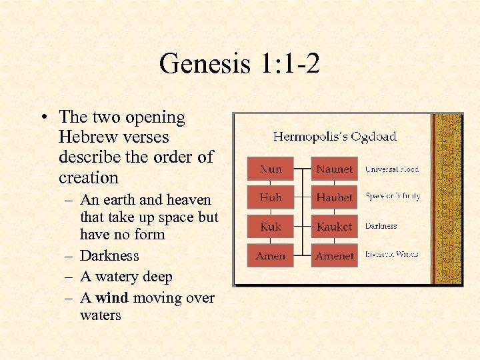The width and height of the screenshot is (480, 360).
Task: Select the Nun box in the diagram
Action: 271,169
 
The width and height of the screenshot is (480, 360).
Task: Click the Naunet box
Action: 335,169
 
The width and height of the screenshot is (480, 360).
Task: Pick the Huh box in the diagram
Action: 271,198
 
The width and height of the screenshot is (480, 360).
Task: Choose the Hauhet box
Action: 335,198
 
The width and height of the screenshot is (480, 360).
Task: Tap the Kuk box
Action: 271,227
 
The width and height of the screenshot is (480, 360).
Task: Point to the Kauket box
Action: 335,227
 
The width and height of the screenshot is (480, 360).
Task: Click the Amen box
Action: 271,255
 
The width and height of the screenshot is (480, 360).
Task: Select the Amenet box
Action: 335,255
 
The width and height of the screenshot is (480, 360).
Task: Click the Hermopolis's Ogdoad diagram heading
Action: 335,137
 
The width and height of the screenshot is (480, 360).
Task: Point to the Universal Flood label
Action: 392,169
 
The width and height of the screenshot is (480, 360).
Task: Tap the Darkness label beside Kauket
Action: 381,226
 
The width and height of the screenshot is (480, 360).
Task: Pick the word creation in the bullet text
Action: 89,177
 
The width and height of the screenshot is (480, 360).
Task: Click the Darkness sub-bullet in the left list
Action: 109,255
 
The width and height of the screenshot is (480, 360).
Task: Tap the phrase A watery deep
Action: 126,277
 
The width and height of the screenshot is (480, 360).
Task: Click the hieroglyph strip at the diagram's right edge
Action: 455,200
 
